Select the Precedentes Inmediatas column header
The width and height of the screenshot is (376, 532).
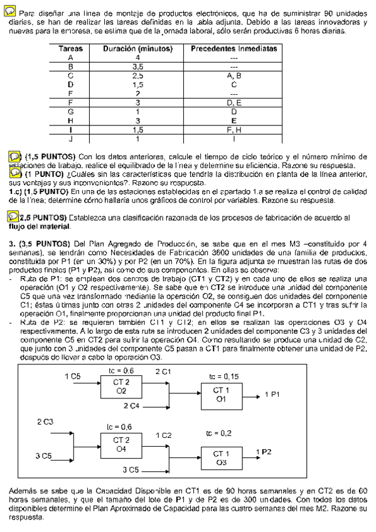234,48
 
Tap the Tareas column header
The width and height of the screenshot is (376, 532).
70,48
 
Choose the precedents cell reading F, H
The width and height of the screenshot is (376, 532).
234,130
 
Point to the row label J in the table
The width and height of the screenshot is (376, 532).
70,139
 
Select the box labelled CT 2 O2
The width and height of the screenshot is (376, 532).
122,386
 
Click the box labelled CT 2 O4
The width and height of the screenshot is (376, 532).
122,445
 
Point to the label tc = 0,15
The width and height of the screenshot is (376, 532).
223,376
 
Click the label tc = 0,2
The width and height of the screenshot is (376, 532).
218,433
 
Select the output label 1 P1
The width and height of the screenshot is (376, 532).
274,394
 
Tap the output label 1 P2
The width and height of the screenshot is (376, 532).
264,452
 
